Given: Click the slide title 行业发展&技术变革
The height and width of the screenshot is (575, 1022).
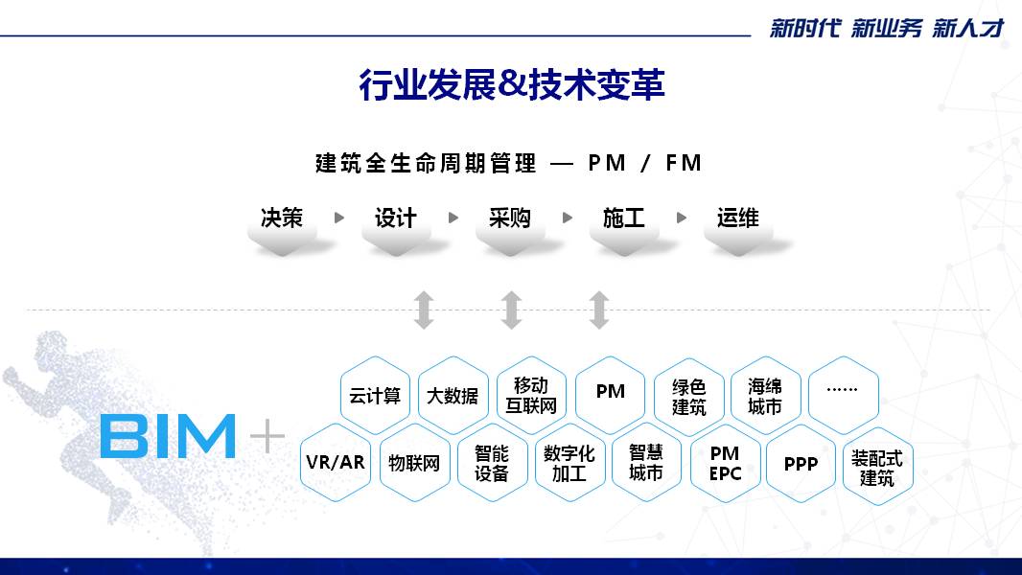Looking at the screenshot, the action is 512,84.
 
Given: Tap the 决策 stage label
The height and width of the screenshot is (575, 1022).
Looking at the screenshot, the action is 282,218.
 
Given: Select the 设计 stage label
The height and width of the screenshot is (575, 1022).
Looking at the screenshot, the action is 396,218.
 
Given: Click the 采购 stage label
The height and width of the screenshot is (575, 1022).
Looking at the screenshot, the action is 510,218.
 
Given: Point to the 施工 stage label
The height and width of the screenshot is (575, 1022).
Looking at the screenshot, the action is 624,218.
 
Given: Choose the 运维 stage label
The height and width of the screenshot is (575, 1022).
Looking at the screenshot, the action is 738,218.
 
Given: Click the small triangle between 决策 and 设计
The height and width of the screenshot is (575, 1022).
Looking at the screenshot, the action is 339,218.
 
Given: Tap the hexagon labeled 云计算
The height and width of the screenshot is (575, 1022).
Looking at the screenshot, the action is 375,395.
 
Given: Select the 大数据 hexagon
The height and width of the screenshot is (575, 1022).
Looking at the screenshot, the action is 453,395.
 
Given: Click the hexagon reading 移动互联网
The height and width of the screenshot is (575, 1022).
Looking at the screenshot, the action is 531,395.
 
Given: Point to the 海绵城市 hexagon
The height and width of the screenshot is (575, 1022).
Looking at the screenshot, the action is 765,395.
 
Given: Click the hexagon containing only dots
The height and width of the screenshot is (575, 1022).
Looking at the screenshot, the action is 844,395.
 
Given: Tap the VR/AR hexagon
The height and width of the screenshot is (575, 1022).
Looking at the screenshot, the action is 335,462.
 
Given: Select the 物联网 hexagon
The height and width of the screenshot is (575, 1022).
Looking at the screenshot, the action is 414,462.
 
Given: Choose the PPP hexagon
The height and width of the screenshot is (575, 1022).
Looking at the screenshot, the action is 801,463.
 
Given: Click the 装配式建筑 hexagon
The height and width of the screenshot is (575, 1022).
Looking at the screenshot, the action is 877,467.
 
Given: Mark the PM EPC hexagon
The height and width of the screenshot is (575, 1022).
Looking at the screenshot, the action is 725,463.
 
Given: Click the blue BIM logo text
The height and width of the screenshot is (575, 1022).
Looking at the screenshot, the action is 168,436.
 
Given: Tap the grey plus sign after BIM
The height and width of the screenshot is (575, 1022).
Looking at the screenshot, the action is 267,435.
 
